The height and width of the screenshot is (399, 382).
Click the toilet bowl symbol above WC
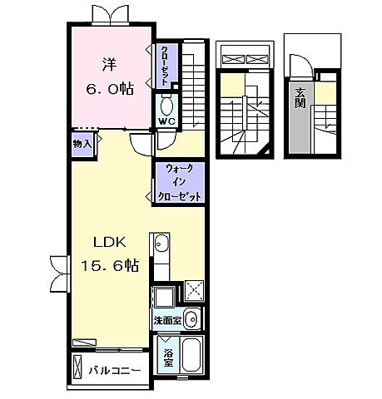[x=165, y=106]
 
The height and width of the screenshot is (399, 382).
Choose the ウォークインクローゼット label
[x=179, y=183]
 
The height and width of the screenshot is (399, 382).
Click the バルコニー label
[x=114, y=371]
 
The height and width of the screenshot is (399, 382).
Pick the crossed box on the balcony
[x=78, y=367]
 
